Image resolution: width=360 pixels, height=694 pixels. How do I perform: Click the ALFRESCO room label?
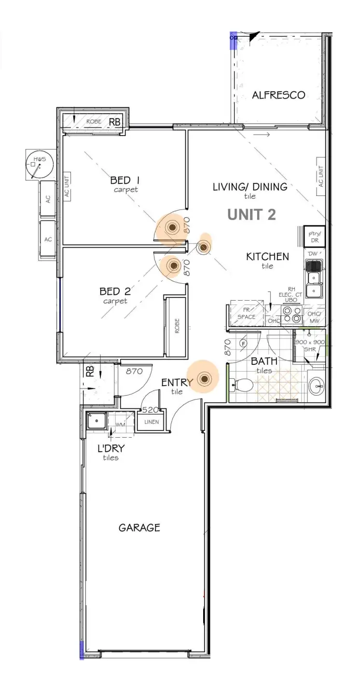click(278, 95)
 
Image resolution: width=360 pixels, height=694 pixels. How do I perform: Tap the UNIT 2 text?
click(251, 215)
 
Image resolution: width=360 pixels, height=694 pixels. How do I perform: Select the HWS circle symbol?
click(37, 165)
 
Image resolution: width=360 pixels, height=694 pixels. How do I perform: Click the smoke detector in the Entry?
click(204, 379)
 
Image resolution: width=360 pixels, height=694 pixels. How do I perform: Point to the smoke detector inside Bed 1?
click(172, 227)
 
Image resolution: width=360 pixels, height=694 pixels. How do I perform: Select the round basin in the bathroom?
click(317, 386)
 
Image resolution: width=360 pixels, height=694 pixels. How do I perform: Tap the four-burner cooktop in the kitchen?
click(291, 314)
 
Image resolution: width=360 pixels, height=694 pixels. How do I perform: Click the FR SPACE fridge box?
click(246, 314)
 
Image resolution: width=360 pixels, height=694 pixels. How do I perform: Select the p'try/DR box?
click(314, 236)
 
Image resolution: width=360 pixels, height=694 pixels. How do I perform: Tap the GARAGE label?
click(139, 527)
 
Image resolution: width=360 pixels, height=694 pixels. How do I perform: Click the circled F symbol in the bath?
click(244, 344)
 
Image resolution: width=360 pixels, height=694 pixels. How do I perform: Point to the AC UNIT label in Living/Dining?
click(320, 176)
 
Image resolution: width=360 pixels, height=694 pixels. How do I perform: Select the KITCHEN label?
click(267, 257)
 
